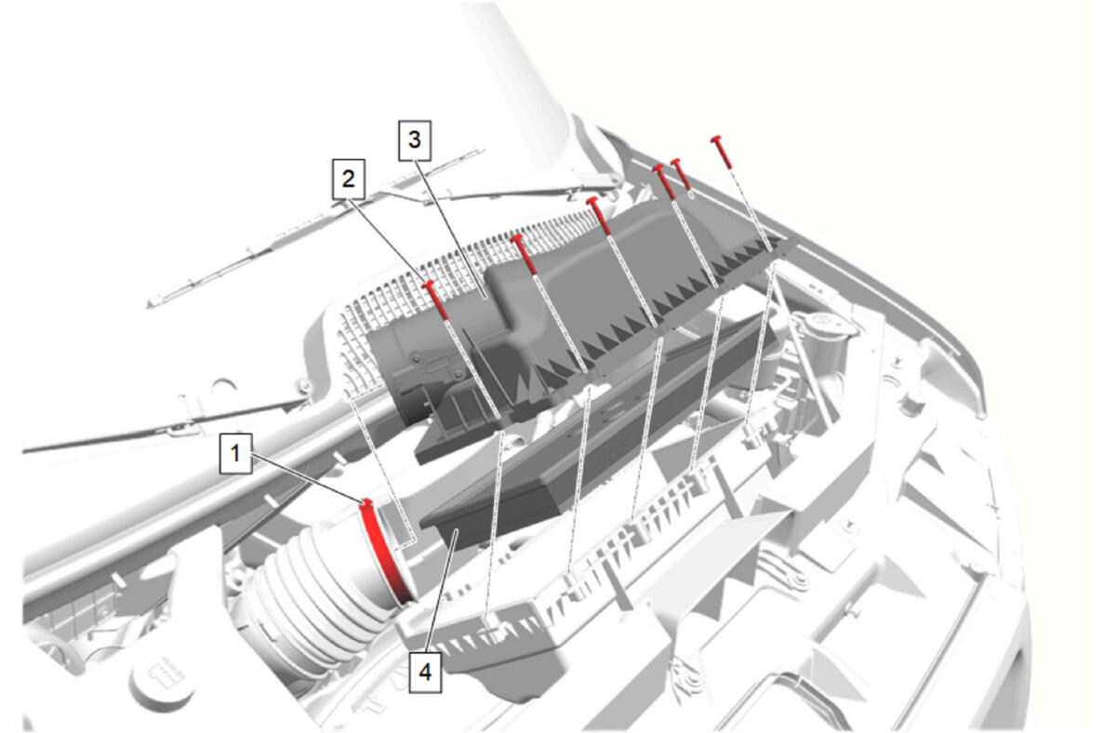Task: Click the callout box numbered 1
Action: (235, 453)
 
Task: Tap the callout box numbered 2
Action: (349, 179)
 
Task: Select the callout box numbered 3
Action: (415, 140)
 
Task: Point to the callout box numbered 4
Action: (425, 673)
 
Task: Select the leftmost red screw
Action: (435, 300)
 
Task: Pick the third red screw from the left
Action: (599, 215)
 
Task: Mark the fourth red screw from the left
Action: (665, 181)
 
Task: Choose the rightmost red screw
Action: (722, 151)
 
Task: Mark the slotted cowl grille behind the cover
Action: (448, 279)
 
